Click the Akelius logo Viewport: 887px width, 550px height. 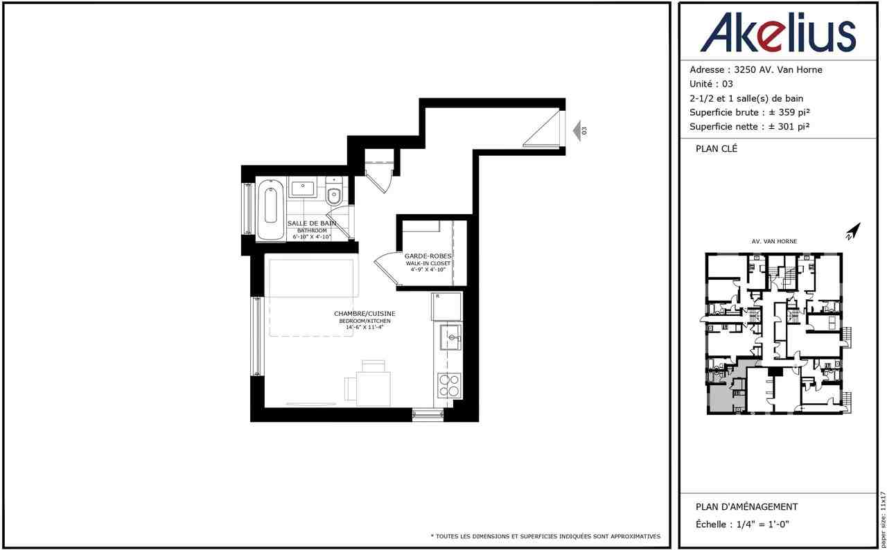(x=778, y=33)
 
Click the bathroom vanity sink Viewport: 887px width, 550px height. (x=302, y=188)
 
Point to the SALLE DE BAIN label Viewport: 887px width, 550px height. (x=312, y=223)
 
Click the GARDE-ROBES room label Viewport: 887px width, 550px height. (x=428, y=256)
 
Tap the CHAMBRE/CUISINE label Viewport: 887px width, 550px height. (x=365, y=314)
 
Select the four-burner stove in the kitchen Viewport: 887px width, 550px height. (x=448, y=385)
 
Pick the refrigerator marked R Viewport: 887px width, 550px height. (x=446, y=307)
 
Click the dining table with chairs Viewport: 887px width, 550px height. (x=372, y=387)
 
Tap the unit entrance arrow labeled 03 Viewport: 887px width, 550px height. (x=577, y=130)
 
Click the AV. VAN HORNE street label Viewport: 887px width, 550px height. (x=774, y=242)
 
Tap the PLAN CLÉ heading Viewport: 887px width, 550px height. (x=717, y=148)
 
